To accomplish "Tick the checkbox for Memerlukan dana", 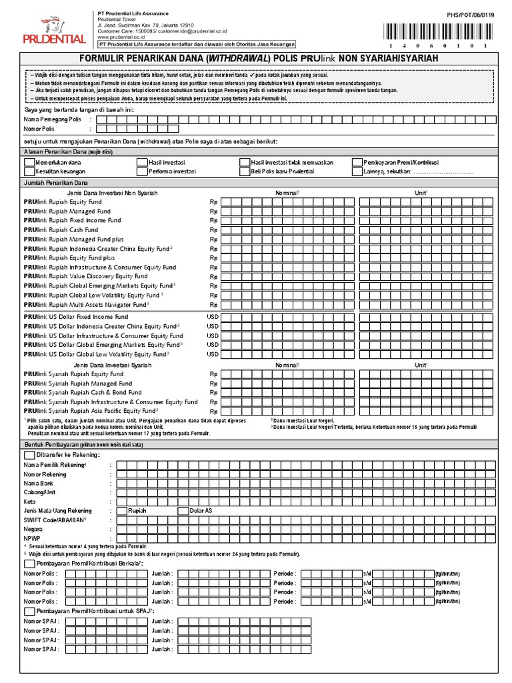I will pyautogui.click(x=28, y=162).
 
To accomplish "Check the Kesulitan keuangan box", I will pyautogui.click(x=28, y=171).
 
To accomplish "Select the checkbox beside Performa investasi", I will pyautogui.click(x=142, y=171).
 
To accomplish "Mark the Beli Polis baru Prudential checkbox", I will pyautogui.click(x=244, y=171).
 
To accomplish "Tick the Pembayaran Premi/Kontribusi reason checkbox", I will pyautogui.click(x=358, y=162).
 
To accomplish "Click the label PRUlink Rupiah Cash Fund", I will pyautogui.click(x=61, y=229).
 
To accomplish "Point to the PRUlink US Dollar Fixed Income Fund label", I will pyautogui.click(x=76, y=317).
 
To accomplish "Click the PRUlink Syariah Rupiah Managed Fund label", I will pyautogui.click(x=78, y=384).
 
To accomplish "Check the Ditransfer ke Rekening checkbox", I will pyautogui.click(x=28, y=454).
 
